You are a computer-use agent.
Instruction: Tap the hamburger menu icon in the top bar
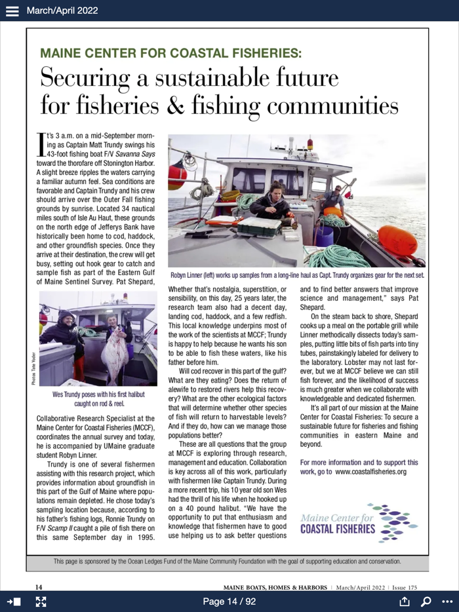point(12,10)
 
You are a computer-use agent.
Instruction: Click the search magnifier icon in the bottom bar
point(426,602)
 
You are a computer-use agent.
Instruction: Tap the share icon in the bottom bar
point(404,602)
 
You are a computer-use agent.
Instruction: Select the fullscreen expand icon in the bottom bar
point(41,602)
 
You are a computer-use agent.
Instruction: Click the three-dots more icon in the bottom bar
point(447,602)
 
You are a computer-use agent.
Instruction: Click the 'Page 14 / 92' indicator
point(229,602)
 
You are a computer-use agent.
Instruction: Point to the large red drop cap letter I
point(41,143)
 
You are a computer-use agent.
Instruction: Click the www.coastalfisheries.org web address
point(371,471)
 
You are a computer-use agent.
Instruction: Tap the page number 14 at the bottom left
point(39,586)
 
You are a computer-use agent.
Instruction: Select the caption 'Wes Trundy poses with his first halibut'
point(98,394)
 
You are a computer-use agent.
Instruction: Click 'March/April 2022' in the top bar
point(62,10)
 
